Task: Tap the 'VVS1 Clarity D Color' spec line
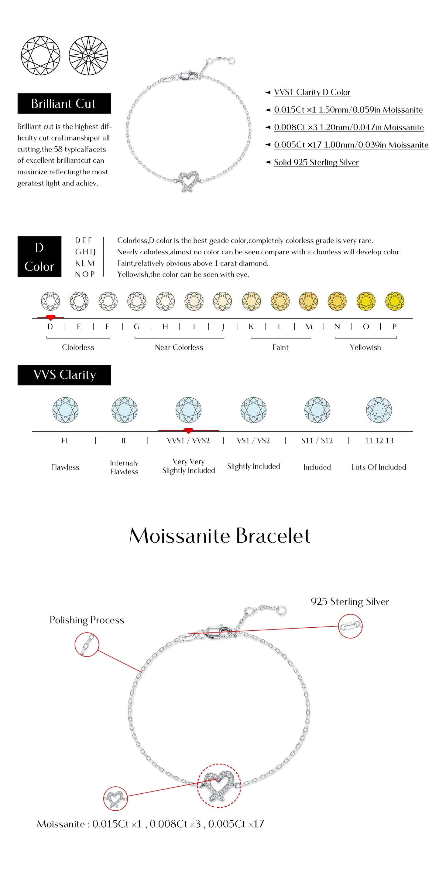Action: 311,92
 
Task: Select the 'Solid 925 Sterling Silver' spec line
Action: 316,162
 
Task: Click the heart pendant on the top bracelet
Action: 188,180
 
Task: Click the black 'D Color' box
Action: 39,256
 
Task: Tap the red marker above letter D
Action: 50,317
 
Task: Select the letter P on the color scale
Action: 394,327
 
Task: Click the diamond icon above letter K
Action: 251,301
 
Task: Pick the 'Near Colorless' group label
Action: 179,347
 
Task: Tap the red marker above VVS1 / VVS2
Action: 188,431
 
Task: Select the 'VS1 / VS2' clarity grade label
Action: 253,441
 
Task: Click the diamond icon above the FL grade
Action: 65,410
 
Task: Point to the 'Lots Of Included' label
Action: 379,467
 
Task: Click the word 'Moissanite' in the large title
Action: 180,536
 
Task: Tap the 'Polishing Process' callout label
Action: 87,620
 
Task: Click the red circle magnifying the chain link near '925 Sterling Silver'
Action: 350,626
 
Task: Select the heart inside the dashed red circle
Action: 219,785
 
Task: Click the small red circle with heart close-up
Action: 115,799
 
